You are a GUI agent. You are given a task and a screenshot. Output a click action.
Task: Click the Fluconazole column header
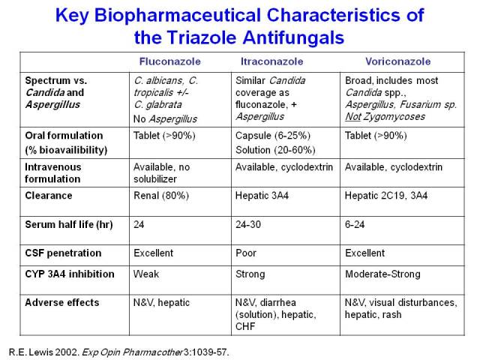pyautogui.click(x=170, y=61)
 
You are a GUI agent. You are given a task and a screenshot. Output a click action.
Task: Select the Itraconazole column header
pyautogui.click(x=271, y=61)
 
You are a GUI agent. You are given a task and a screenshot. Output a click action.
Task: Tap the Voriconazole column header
pyautogui.click(x=398, y=61)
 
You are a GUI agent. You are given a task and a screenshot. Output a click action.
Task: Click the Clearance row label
pyautogui.click(x=49, y=196)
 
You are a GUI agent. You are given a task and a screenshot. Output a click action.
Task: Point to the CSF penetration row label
pyautogui.click(x=63, y=253)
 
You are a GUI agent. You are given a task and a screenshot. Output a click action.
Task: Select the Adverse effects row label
pyautogui.click(x=62, y=302)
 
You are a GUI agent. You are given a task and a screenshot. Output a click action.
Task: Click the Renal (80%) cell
pyautogui.click(x=161, y=196)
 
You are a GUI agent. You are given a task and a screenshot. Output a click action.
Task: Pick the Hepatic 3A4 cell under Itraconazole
pyautogui.click(x=262, y=196)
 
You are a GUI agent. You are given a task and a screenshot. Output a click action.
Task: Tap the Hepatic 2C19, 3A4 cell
pyautogui.click(x=386, y=196)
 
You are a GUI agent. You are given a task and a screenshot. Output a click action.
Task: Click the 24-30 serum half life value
pyautogui.click(x=248, y=224)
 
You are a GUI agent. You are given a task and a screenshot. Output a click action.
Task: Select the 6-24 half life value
pyautogui.click(x=355, y=224)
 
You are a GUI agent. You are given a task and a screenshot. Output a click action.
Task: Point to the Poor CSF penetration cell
pyautogui.click(x=246, y=253)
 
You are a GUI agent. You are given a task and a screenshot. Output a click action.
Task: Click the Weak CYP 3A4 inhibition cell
pyautogui.click(x=146, y=274)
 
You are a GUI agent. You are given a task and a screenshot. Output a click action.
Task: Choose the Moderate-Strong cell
pyautogui.click(x=382, y=274)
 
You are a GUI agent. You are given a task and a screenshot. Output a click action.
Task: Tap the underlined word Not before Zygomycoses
pyautogui.click(x=353, y=117)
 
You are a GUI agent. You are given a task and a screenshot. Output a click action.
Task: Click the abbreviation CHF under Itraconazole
pyautogui.click(x=245, y=326)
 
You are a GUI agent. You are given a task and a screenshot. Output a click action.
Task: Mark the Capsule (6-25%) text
pyautogui.click(x=273, y=136)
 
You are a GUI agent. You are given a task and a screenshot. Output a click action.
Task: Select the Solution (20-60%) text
pyautogui.click(x=275, y=150)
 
